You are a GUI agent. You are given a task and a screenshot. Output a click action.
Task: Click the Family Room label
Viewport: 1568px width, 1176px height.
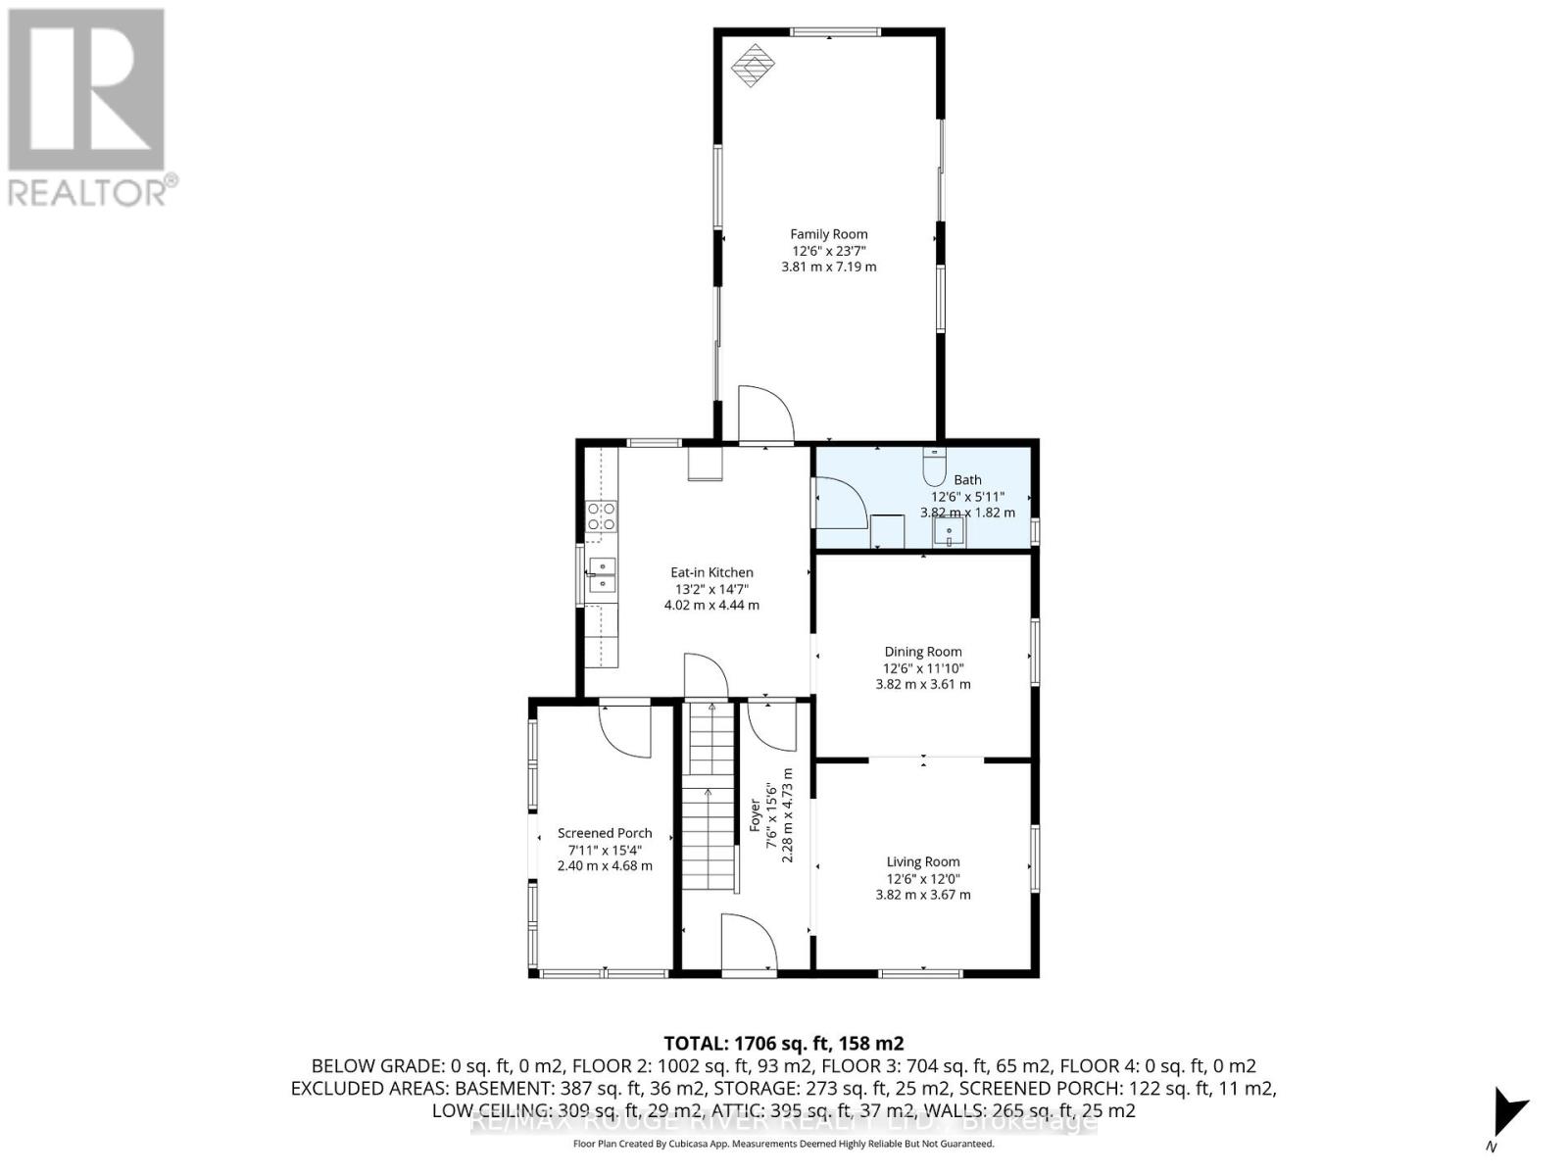829,234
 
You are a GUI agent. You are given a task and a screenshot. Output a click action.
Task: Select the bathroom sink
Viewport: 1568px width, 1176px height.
949,532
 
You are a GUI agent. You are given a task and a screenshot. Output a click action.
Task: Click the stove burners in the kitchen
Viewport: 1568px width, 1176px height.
601,516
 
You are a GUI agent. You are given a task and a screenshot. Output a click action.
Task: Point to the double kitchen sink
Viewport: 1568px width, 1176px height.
601,575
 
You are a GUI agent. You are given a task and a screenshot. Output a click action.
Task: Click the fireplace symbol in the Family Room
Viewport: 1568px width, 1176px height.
754,66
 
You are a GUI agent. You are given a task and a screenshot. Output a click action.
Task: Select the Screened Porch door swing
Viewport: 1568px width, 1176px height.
624,728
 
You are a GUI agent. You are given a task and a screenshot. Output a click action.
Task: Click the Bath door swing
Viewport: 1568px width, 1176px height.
839,502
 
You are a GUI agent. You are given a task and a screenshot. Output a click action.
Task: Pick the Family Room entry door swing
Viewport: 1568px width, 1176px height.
763,414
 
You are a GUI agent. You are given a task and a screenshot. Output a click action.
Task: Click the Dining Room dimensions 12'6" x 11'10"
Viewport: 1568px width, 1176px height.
923,668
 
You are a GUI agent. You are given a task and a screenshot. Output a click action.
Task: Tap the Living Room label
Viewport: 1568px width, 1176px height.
923,862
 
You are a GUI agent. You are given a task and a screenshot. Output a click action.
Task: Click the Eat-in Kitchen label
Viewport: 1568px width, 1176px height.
711,572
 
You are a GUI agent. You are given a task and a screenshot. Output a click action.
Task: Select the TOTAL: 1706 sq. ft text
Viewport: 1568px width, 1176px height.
783,1043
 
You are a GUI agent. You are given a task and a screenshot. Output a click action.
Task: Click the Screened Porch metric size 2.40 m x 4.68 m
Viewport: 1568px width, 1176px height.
605,866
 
